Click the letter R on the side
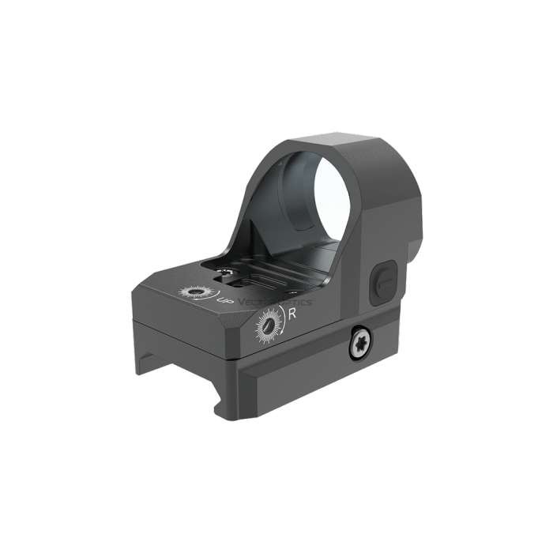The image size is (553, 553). pyautogui.click(x=293, y=313)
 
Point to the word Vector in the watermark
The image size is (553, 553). pyautogui.click(x=252, y=302)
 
